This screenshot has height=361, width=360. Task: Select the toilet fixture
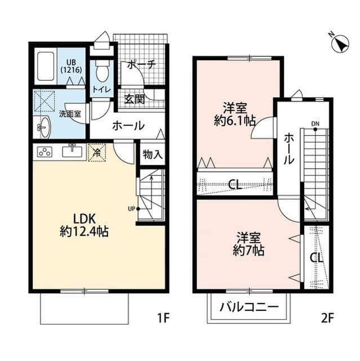click(102, 72)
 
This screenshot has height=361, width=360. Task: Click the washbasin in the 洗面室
click(44, 127)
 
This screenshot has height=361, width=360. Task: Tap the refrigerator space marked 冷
click(97, 152)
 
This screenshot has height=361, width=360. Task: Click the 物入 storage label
click(152, 154)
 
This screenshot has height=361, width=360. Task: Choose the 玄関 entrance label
click(134, 99)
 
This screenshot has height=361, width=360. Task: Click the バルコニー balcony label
click(248, 308)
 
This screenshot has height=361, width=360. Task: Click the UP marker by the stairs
click(132, 209)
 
